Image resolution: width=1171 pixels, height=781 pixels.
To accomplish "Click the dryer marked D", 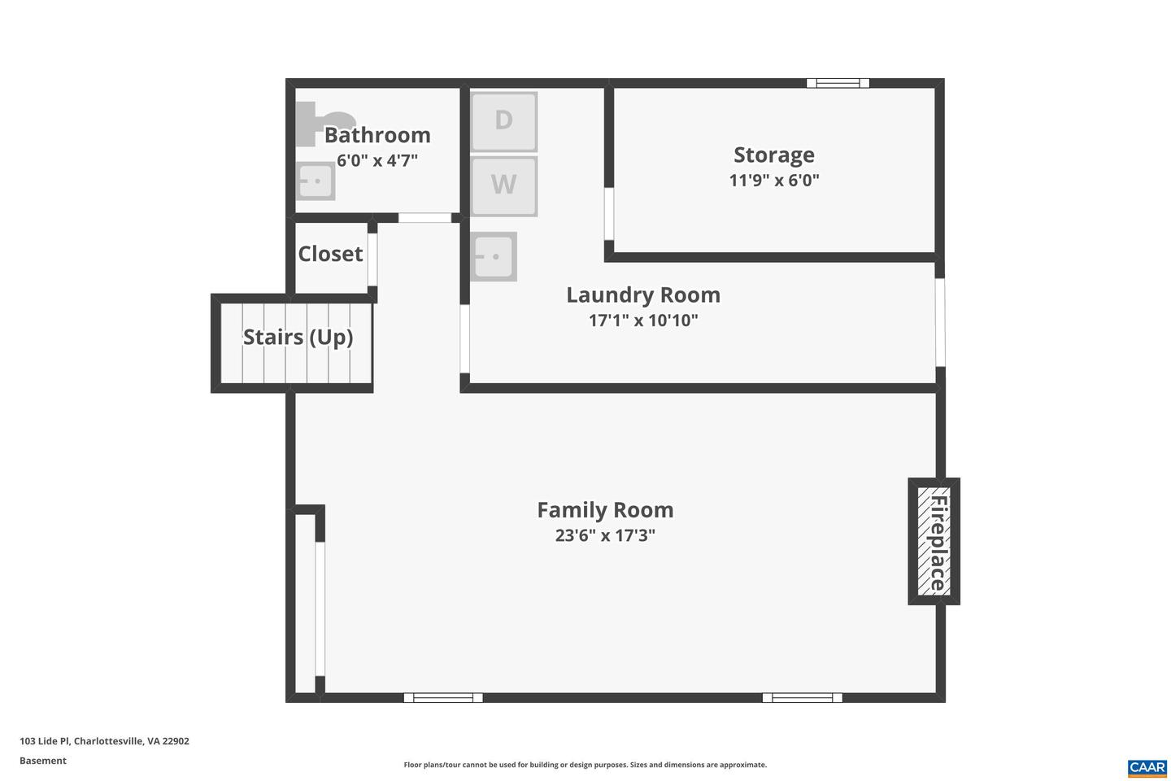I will pyautogui.click(x=503, y=121).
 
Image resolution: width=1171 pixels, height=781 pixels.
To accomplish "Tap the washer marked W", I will pyautogui.click(x=503, y=185).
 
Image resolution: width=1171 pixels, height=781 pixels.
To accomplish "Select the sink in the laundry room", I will pyautogui.click(x=494, y=257).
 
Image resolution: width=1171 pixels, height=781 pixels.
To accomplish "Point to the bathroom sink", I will pyautogui.click(x=315, y=181).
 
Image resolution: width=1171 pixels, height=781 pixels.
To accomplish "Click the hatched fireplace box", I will pyautogui.click(x=934, y=541).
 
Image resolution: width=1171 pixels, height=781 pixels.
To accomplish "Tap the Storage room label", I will pyautogui.click(x=773, y=155).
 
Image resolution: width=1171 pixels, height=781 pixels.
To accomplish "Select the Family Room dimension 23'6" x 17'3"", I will pyautogui.click(x=605, y=535).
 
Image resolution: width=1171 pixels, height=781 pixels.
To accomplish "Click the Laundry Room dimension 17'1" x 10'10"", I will pyautogui.click(x=643, y=321).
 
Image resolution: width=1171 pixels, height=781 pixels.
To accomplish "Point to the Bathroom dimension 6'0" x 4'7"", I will pyautogui.click(x=377, y=160).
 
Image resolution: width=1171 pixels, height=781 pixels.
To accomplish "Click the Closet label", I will pyautogui.click(x=330, y=254).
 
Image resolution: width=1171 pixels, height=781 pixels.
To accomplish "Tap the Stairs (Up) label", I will pyautogui.click(x=298, y=337).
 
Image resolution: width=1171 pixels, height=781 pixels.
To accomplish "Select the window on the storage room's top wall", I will pyautogui.click(x=838, y=83).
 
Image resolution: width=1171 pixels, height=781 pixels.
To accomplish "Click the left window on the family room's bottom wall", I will pyautogui.click(x=443, y=697).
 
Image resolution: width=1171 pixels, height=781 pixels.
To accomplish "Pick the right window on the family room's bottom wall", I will pyautogui.click(x=802, y=697).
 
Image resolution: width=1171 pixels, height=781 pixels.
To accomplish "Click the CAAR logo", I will pyautogui.click(x=1147, y=767).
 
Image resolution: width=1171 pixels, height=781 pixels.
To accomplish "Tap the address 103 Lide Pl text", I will pyautogui.click(x=104, y=741).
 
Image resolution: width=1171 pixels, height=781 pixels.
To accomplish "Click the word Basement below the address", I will pyautogui.click(x=43, y=761).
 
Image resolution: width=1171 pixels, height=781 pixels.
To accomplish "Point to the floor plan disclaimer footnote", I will pyautogui.click(x=585, y=765).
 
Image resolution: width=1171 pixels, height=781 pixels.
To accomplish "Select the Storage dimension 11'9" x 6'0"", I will pyautogui.click(x=773, y=181).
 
